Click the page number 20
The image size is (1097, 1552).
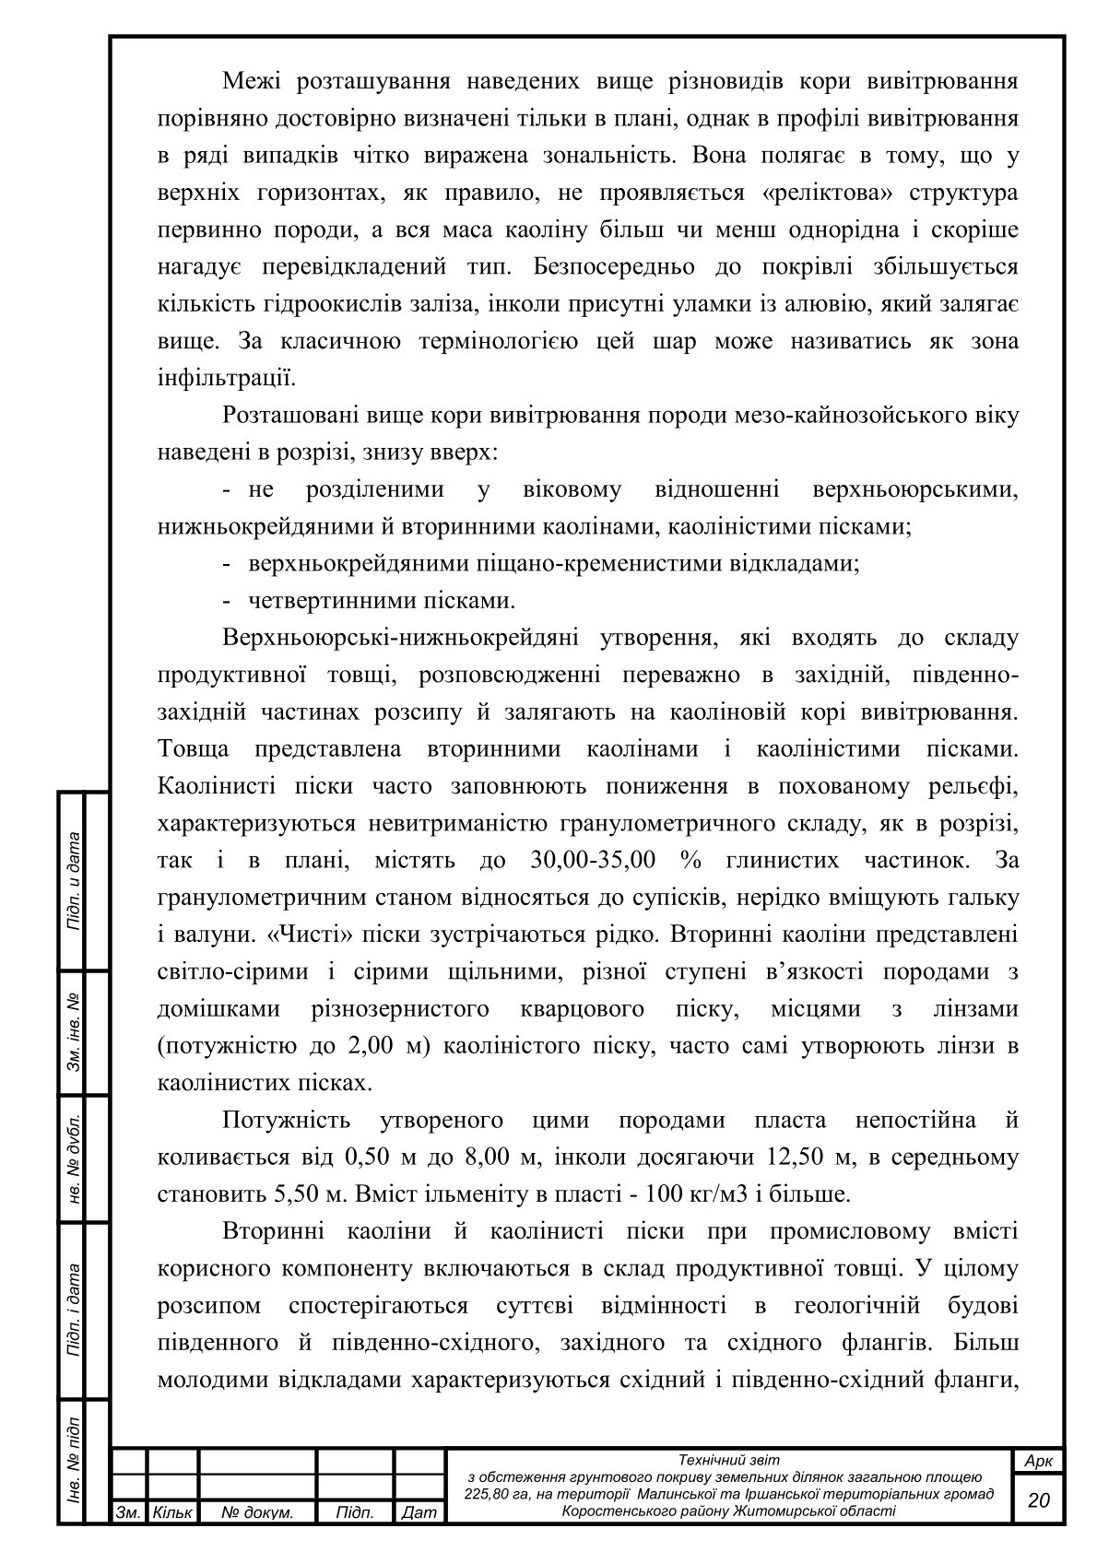pos(1038,1500)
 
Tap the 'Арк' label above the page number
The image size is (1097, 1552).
pos(1038,1462)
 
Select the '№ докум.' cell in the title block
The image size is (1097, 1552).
pos(257,1513)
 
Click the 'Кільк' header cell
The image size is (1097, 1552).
pos(172,1513)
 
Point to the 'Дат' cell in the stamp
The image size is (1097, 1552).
pos(419,1513)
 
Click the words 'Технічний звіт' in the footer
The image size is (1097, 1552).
pos(728,1460)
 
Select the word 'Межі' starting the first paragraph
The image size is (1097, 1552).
pos(250,82)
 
